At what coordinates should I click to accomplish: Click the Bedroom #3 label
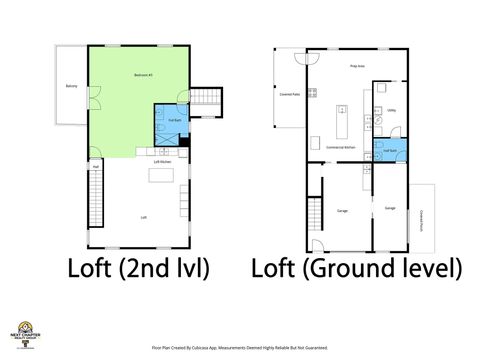(x=143, y=75)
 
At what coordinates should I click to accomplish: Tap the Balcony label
(x=71, y=86)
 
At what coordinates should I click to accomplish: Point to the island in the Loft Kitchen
(x=160, y=175)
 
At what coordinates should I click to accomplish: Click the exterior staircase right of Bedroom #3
(x=204, y=97)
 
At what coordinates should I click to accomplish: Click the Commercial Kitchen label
(x=342, y=146)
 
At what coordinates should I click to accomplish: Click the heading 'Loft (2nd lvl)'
(x=137, y=268)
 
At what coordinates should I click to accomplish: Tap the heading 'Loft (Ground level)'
(x=356, y=268)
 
